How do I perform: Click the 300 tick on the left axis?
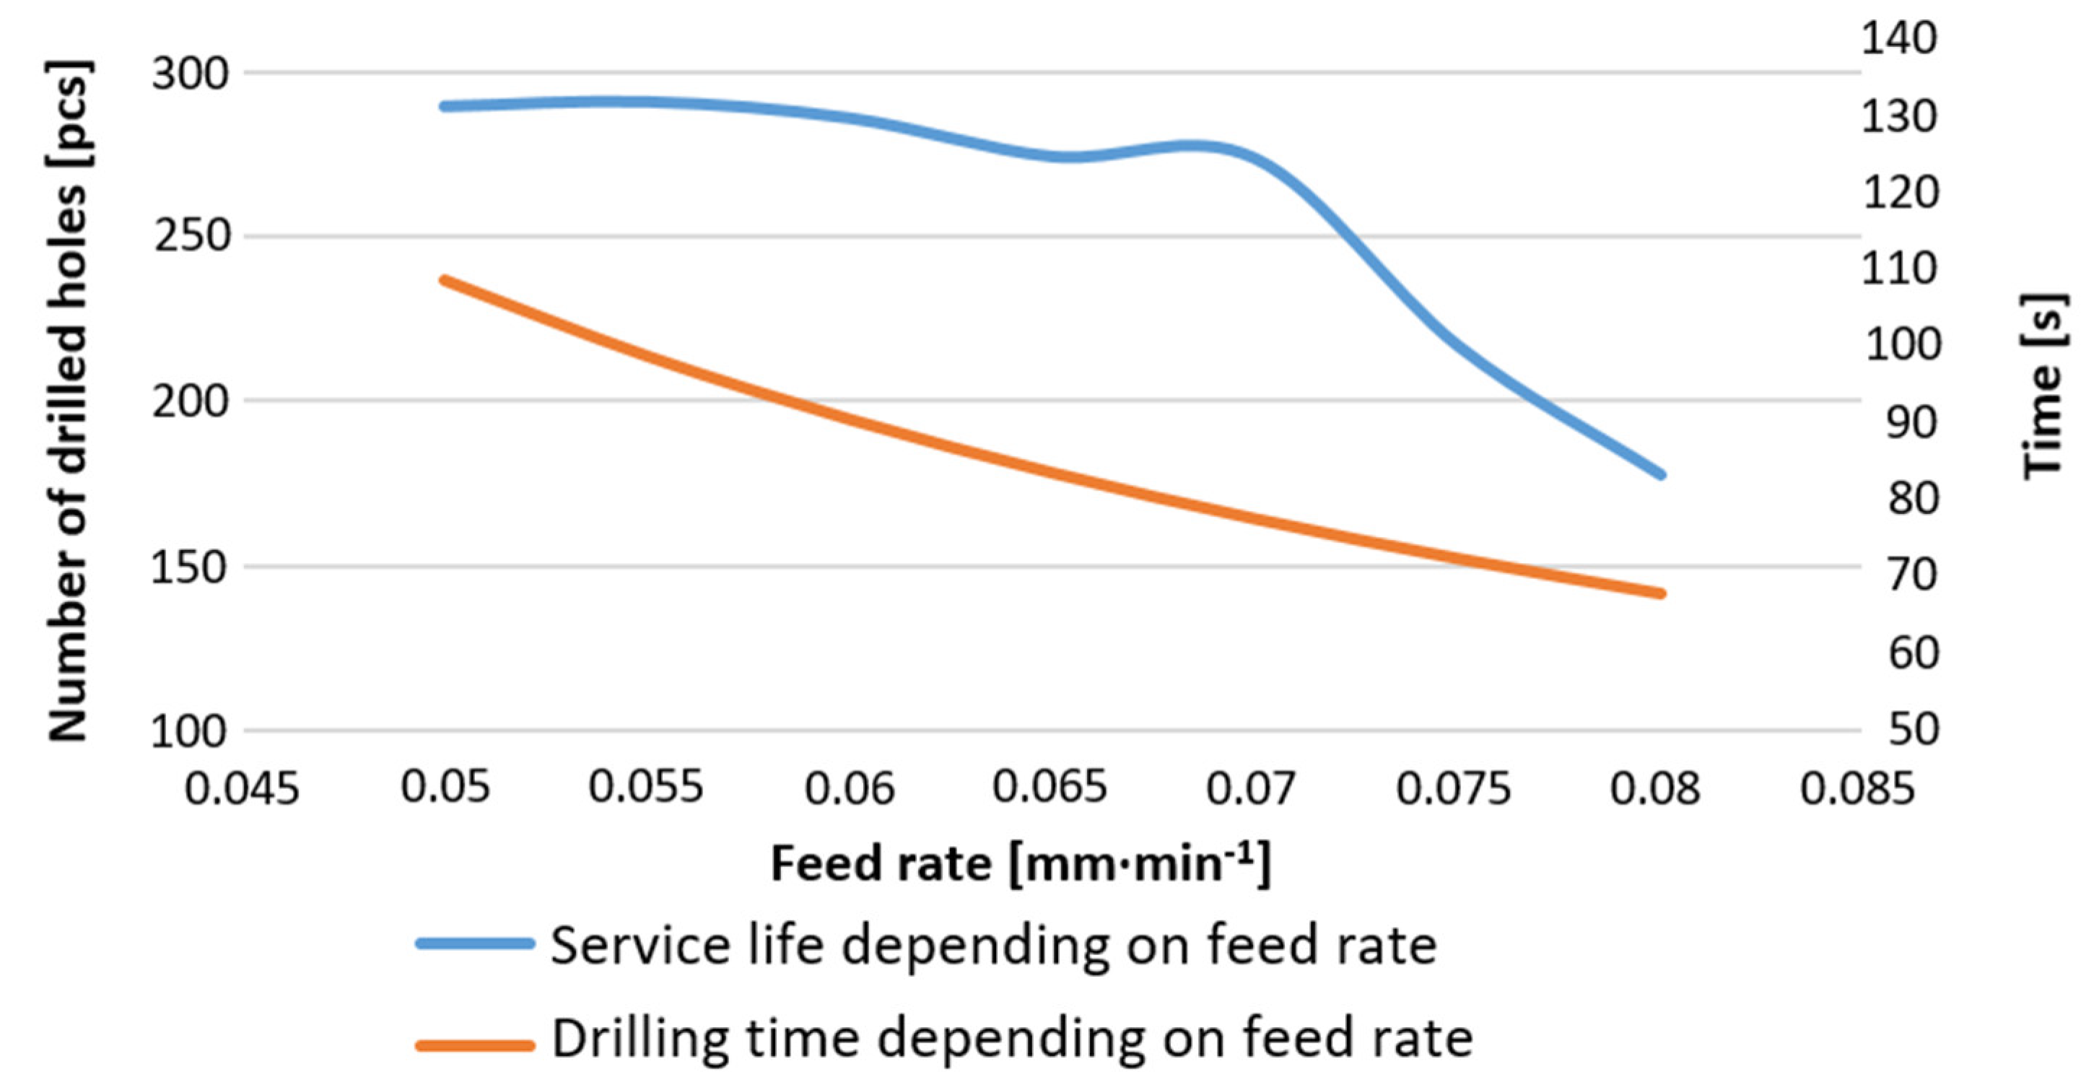tap(191, 74)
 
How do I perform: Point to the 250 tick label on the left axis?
tap(191, 237)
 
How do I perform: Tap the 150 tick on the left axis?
tap(191, 567)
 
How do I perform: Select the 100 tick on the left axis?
tap(191, 731)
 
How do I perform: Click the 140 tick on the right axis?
tap(1900, 38)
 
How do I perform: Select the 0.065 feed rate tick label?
tap(1049, 786)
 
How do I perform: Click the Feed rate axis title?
tap(1021, 863)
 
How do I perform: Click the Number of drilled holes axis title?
tap(69, 401)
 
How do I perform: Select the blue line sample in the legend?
tap(476, 943)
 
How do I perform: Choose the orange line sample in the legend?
tap(476, 1045)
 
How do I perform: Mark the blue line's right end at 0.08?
tap(1661, 474)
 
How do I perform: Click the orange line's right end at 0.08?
tap(1661, 593)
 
